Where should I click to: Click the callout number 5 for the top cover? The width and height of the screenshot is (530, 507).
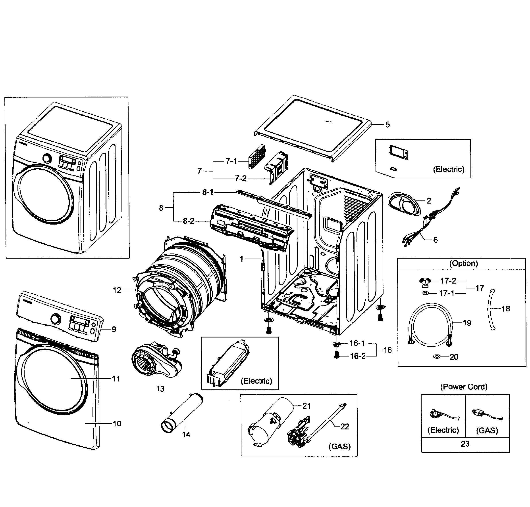[x=387, y=125]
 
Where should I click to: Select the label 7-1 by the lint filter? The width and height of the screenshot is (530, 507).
[x=231, y=161]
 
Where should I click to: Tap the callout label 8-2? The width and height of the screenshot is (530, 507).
[x=189, y=221]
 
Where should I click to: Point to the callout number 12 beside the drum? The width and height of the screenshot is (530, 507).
[x=117, y=290]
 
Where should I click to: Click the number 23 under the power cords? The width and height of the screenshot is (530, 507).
[x=465, y=444]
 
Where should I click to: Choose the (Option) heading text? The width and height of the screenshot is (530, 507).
[x=463, y=263]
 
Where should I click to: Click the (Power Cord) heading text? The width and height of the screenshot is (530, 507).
[x=464, y=387]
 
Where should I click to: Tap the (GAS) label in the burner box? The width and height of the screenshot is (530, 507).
[x=339, y=446]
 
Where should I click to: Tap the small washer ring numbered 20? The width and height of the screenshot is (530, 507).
[x=436, y=357]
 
